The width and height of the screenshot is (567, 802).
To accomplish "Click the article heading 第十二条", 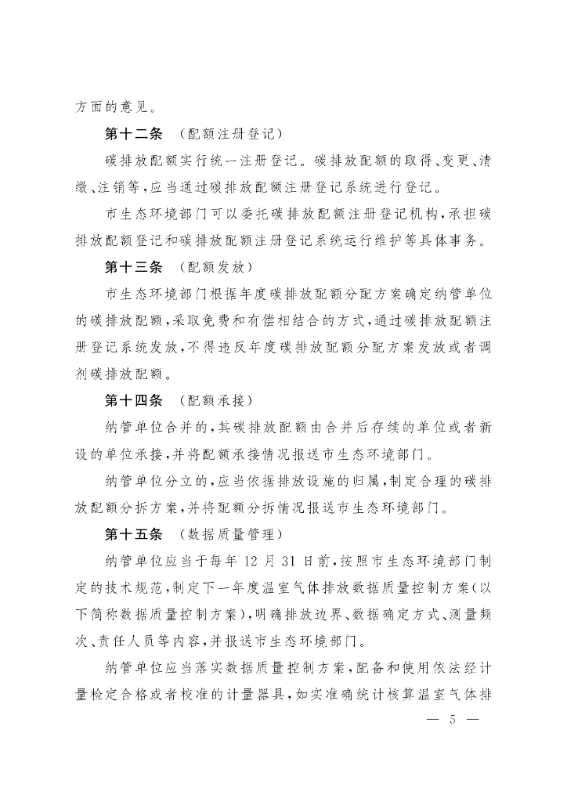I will pyautogui.click(x=133, y=133).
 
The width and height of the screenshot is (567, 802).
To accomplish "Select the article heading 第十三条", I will pyautogui.click(x=133, y=267).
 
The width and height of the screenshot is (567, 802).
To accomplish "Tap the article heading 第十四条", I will pyautogui.click(x=133, y=400).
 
